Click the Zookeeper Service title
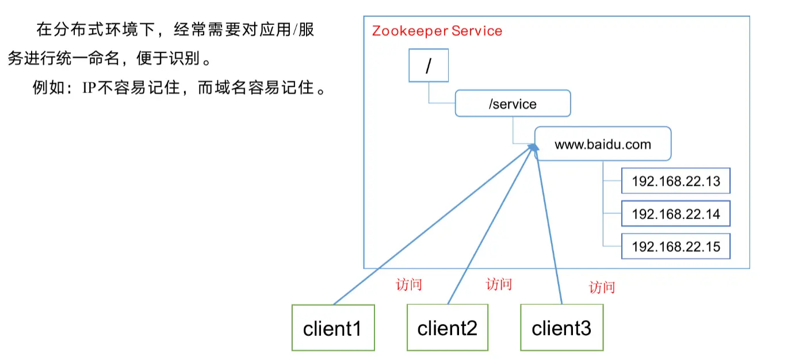[437, 31]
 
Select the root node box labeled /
[427, 66]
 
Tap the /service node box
[513, 104]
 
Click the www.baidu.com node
[602, 144]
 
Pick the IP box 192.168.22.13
[675, 182]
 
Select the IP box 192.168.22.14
[675, 214]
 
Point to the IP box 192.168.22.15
[675, 247]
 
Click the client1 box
[333, 328]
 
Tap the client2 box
[448, 328]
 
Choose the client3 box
[561, 328]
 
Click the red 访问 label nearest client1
[409, 285]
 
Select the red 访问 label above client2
[499, 284]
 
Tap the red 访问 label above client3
[602, 287]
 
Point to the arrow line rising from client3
[549, 230]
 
